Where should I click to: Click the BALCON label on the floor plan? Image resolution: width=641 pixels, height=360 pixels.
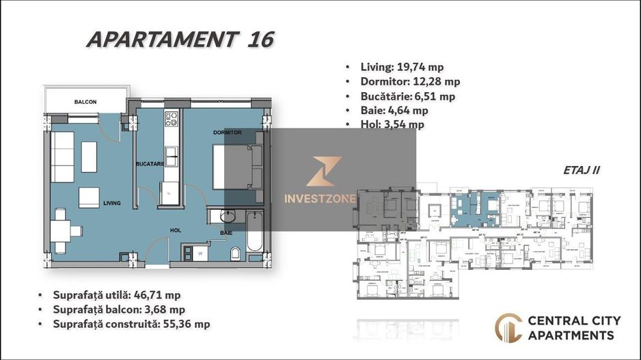pyautogui.click(x=85, y=102)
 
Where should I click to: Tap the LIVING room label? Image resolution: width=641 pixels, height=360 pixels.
pyautogui.click(x=112, y=203)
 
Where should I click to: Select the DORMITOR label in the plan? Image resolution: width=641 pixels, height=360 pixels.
pyautogui.click(x=228, y=132)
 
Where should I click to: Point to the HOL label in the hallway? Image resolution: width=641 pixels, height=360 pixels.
pyautogui.click(x=176, y=231)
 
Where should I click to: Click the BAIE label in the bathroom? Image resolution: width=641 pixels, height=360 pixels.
pyautogui.click(x=226, y=233)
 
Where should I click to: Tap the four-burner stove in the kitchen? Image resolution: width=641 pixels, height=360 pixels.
pyautogui.click(x=172, y=120)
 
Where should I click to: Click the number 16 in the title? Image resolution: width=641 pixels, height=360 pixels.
pyautogui.click(x=259, y=40)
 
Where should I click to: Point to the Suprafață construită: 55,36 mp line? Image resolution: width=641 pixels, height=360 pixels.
pyautogui.click(x=131, y=324)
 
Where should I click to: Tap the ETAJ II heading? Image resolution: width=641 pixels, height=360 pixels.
pyautogui.click(x=582, y=171)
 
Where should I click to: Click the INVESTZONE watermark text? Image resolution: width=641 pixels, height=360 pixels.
pyautogui.click(x=319, y=199)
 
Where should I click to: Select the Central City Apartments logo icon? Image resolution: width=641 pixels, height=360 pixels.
pyautogui.click(x=508, y=328)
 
